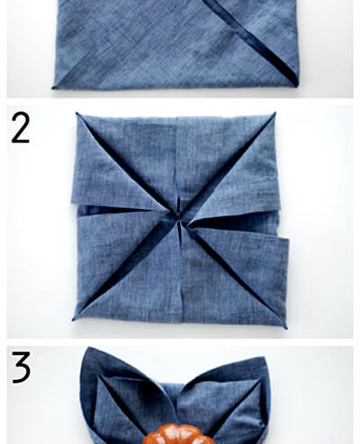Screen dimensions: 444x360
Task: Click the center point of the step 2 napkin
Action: (x=180, y=220)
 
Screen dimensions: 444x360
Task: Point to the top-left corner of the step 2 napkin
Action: (x=76, y=113)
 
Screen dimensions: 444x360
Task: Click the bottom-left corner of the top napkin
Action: (x=54, y=86)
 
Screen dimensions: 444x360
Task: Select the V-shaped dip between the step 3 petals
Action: (x=176, y=396)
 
